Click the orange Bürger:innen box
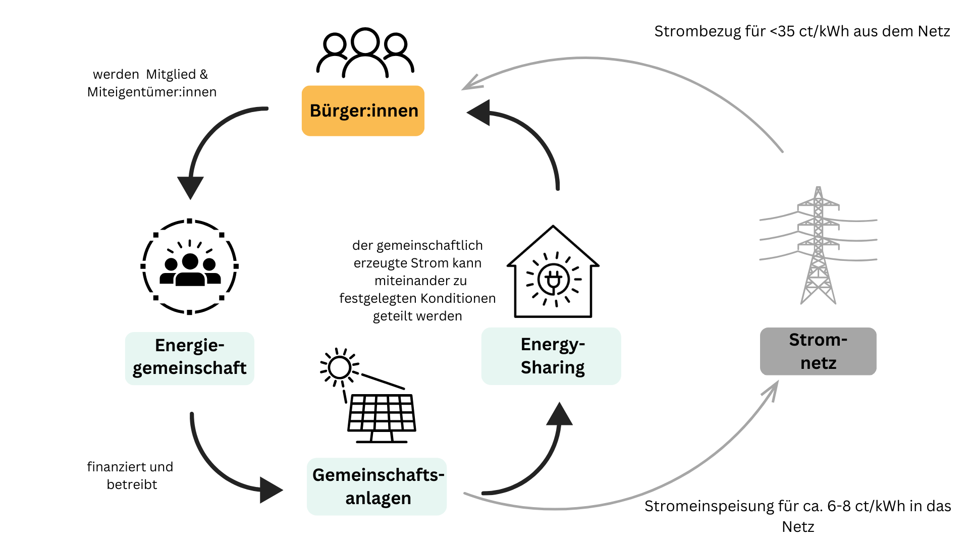click(x=363, y=111)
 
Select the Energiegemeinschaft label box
click(x=189, y=358)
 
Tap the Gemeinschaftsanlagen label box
click(x=377, y=486)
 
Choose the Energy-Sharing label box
click(x=551, y=356)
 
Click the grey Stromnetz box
click(x=818, y=351)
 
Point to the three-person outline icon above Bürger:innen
click(x=365, y=53)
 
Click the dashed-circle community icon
click(x=189, y=266)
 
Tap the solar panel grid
click(x=382, y=413)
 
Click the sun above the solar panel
click(x=339, y=367)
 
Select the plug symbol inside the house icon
click(x=553, y=279)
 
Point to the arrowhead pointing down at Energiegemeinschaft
click(x=190, y=187)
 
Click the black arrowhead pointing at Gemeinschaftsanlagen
click(x=271, y=490)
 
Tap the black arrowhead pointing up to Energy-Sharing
click(x=559, y=415)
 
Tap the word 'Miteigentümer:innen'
click(x=152, y=92)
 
